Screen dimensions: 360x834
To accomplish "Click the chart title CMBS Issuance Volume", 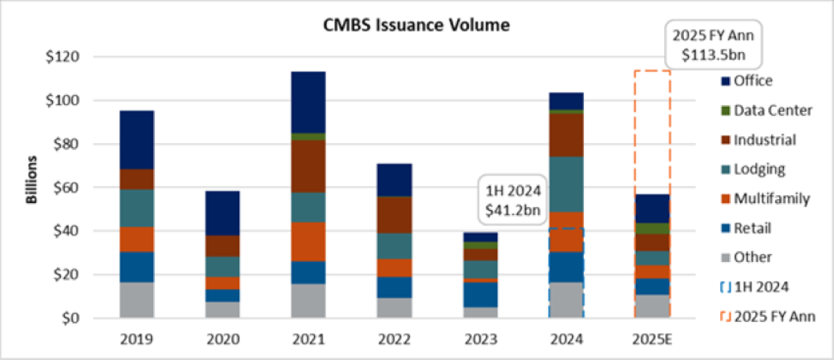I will pyautogui.click(x=416, y=26).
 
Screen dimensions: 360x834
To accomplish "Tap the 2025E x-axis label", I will pyautogui.click(x=651, y=340).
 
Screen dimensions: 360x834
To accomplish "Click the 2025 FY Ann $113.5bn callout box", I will pyautogui.click(x=711, y=47).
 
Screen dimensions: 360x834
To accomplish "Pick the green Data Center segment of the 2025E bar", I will pyautogui.click(x=651, y=229).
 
